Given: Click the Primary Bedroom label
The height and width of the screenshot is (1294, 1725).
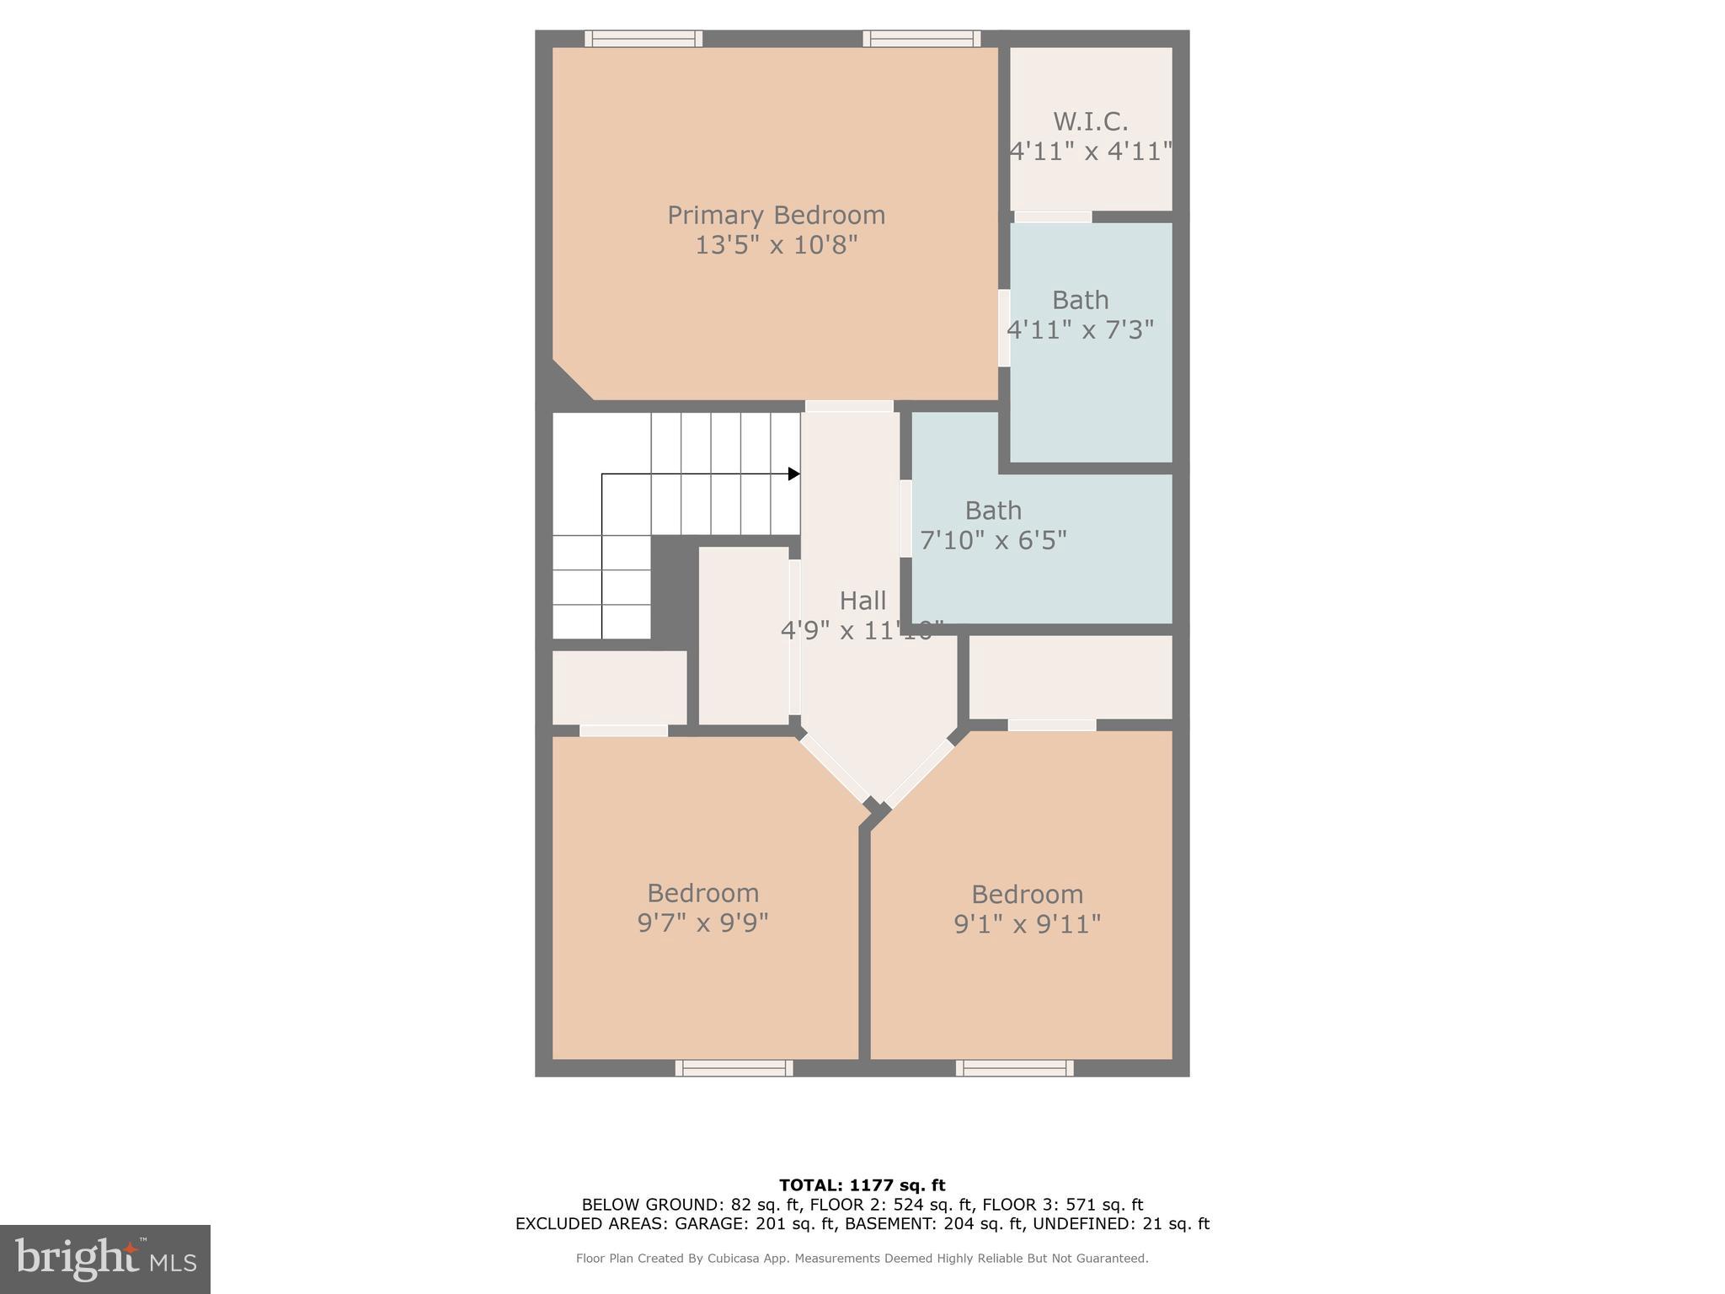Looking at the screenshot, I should (776, 216).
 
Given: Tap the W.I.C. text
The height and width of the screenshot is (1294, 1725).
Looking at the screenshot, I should (1090, 122).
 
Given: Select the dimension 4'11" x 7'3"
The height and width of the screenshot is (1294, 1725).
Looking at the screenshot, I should (1080, 330).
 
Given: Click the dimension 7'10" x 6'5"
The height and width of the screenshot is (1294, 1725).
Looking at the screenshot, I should (993, 540).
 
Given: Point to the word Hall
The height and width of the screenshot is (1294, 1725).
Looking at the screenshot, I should (862, 601).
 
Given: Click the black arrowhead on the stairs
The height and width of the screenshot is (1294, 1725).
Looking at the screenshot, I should (793, 474).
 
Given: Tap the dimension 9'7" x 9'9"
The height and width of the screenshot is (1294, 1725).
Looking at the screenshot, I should (702, 923).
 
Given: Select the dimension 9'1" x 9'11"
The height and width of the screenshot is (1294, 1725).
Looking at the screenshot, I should (1027, 924).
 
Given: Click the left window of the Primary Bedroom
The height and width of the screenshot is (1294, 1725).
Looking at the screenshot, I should (644, 39).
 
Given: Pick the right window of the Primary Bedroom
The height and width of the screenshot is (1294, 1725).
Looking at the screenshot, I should (921, 39).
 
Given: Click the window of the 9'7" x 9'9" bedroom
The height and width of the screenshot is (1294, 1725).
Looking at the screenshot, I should (734, 1068).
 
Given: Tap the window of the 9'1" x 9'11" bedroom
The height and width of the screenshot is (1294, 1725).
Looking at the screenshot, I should (1014, 1068).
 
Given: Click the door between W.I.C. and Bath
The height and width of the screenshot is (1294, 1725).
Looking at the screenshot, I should (1053, 217).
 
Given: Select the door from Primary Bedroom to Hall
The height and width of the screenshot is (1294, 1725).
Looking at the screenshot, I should (849, 406).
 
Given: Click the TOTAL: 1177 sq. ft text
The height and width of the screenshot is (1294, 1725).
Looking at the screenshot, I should (862, 1185).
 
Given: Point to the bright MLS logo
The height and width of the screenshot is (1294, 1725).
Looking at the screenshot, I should (105, 1259).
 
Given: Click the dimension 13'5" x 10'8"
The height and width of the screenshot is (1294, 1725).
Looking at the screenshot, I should (776, 246).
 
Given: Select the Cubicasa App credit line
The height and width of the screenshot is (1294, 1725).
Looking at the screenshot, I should (862, 1259).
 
